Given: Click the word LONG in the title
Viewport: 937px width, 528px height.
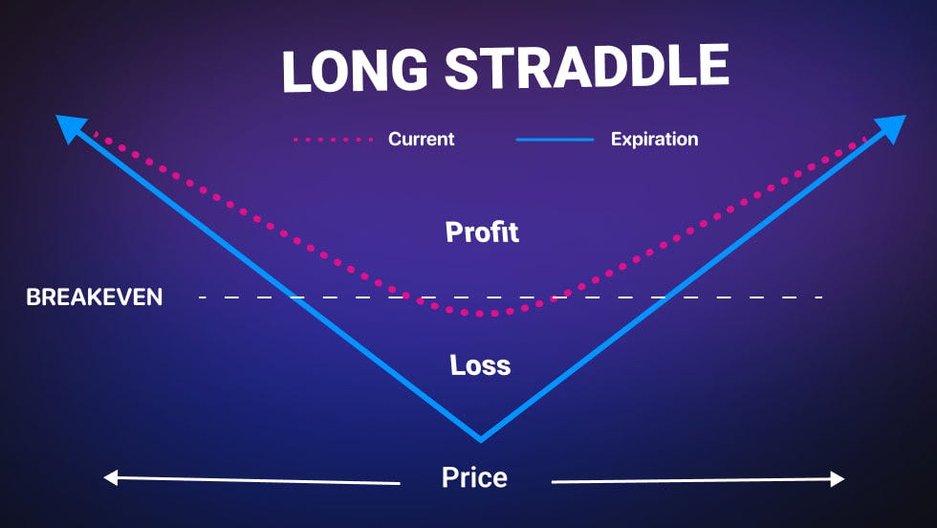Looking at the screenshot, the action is coord(355,71).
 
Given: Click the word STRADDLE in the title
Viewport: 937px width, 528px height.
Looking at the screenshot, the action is coord(587,66).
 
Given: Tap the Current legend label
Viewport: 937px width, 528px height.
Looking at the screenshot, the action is coord(422,139).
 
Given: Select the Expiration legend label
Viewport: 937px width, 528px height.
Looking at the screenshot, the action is coord(654,140).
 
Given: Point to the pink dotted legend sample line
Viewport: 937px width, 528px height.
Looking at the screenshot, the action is coord(333,140).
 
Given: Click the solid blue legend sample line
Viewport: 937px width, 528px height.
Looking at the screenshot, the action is coord(555,140).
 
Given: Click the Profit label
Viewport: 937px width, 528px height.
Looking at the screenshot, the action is coord(482,232).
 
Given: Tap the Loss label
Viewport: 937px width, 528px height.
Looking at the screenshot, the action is coord(480,364).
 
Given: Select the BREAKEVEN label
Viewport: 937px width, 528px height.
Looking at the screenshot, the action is coord(95,297).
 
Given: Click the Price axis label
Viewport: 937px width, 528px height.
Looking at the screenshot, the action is coord(474,477).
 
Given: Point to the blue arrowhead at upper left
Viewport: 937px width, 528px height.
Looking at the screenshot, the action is coord(70,128).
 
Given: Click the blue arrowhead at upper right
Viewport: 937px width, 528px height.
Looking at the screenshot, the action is coord(891,128).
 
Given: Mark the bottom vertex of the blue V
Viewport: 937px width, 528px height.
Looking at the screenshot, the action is coord(480,441).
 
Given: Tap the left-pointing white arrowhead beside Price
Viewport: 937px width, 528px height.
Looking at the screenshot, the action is coord(111,477).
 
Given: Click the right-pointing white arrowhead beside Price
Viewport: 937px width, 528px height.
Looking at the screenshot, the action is coord(838,478).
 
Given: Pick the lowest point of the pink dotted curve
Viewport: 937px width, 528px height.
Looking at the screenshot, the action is coord(487,314).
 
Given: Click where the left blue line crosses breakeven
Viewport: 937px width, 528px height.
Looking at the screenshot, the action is coord(296,297).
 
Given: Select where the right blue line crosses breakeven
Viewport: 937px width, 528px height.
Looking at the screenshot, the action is coord(665,297).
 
